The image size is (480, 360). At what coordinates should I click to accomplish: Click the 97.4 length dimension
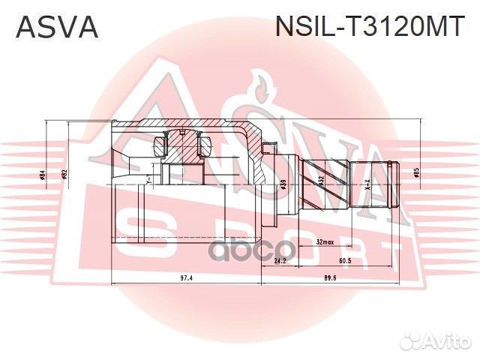(187, 277)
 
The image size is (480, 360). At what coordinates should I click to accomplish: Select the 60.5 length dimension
(346, 261)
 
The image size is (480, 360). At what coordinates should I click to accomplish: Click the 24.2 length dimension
(280, 261)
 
